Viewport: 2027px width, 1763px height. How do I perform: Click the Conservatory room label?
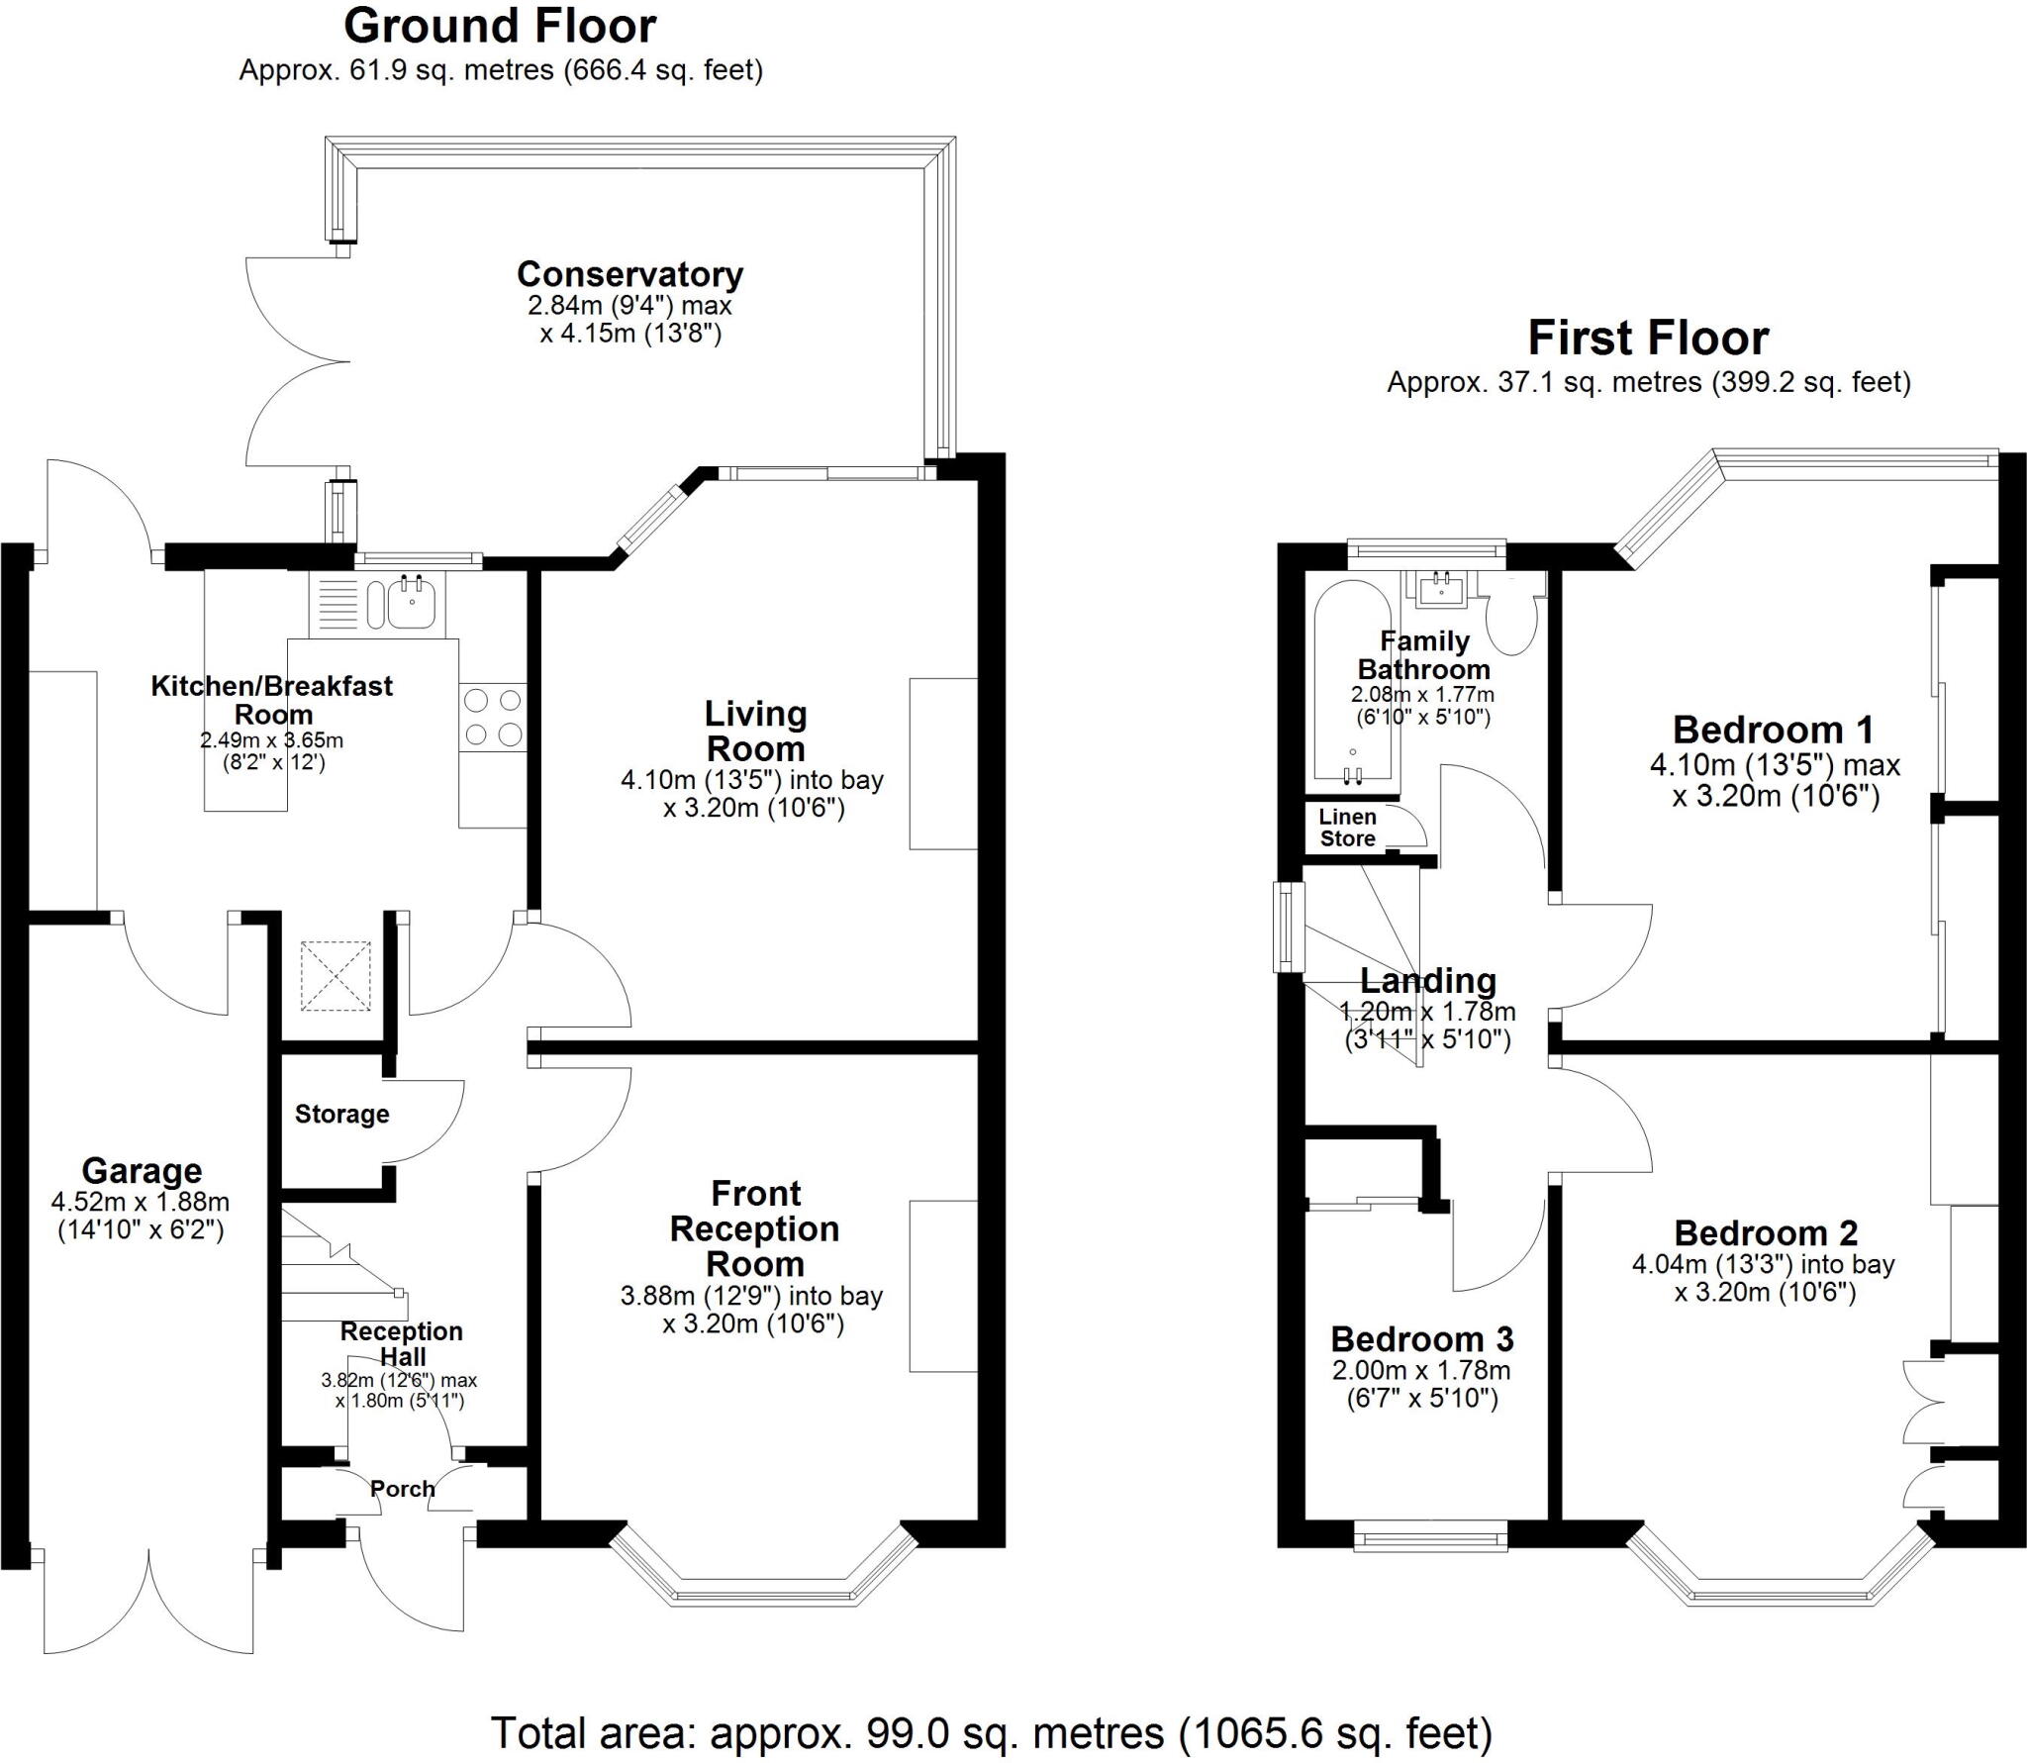click(x=629, y=274)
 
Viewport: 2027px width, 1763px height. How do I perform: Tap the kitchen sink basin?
click(x=412, y=603)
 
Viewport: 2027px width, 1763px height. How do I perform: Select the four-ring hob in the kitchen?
click(x=493, y=718)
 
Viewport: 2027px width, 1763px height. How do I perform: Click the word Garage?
click(x=142, y=1170)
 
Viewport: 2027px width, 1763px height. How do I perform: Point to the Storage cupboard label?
click(x=341, y=1115)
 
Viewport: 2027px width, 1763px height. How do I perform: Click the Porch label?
click(x=402, y=1489)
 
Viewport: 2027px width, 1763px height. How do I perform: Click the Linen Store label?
click(x=1347, y=828)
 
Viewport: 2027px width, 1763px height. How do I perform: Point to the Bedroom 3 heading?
click(x=1421, y=1339)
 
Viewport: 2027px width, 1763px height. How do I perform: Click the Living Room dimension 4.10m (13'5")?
click(x=751, y=780)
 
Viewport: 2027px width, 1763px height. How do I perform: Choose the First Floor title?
click(x=1648, y=339)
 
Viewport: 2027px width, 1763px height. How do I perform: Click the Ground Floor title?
click(x=500, y=27)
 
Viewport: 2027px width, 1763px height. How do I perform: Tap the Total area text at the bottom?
click(x=991, y=1733)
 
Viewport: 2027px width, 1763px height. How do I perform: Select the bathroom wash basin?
click(x=1441, y=591)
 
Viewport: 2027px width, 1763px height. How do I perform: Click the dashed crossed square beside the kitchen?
click(x=336, y=976)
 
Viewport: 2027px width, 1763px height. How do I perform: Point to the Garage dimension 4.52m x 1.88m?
click(x=141, y=1203)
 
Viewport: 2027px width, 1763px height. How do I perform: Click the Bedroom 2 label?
click(x=1766, y=1233)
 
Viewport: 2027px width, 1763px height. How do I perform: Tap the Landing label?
click(x=1427, y=981)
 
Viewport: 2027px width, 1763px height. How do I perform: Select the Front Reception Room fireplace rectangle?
click(x=943, y=1286)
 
